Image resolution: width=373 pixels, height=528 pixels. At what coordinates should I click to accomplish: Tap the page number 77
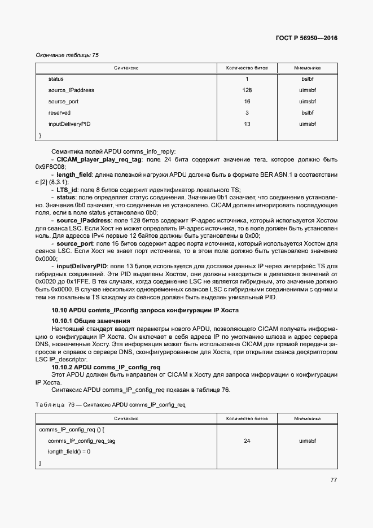click(333, 480)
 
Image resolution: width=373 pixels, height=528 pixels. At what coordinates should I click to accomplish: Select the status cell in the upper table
click(56, 79)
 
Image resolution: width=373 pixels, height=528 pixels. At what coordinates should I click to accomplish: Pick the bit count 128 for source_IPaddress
click(247, 90)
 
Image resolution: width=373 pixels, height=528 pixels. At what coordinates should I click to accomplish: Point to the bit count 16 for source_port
click(247, 102)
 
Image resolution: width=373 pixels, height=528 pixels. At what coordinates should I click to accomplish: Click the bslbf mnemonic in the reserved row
click(307, 113)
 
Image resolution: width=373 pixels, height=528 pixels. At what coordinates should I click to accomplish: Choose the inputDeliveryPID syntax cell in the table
click(69, 124)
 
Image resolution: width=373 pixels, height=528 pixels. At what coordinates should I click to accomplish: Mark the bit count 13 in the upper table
click(247, 124)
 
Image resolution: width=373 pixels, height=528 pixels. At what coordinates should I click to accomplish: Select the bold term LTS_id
click(68, 190)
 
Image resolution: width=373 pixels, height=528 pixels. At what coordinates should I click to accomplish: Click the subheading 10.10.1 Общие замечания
click(90, 321)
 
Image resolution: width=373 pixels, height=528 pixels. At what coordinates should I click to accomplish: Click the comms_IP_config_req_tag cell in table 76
click(82, 440)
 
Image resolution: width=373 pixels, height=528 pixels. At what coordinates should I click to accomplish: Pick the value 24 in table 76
click(247, 440)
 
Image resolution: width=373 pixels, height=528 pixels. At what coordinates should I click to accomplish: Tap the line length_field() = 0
click(69, 452)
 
